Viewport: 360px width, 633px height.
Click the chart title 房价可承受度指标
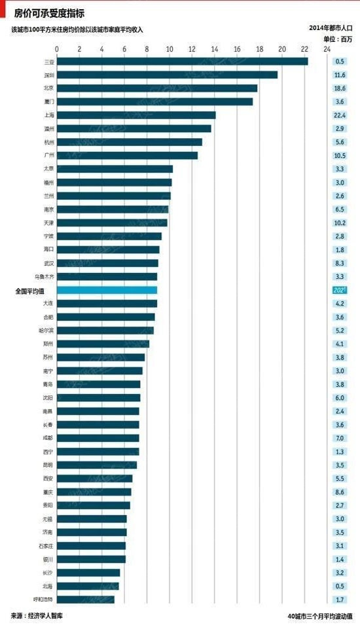point(49,13)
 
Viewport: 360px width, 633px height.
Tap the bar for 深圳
point(167,75)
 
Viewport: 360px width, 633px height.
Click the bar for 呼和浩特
point(85,599)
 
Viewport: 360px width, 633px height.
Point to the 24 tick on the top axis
point(327,49)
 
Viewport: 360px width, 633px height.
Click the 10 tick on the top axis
point(170,49)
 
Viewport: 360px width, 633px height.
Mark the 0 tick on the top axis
point(57,49)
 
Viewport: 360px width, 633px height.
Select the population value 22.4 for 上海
point(339,115)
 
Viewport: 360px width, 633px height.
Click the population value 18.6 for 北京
point(339,88)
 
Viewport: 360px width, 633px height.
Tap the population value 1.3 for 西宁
point(339,452)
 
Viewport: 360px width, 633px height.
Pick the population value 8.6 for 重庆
point(339,492)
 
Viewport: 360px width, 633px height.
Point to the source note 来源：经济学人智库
point(37,616)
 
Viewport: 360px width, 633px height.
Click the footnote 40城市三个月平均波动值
point(319,617)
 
